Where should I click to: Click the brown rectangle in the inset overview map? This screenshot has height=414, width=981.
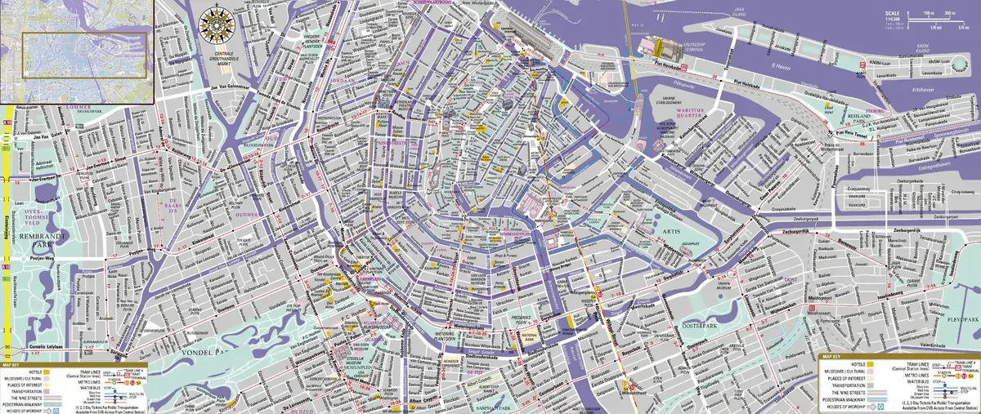click(x=84, y=56)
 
